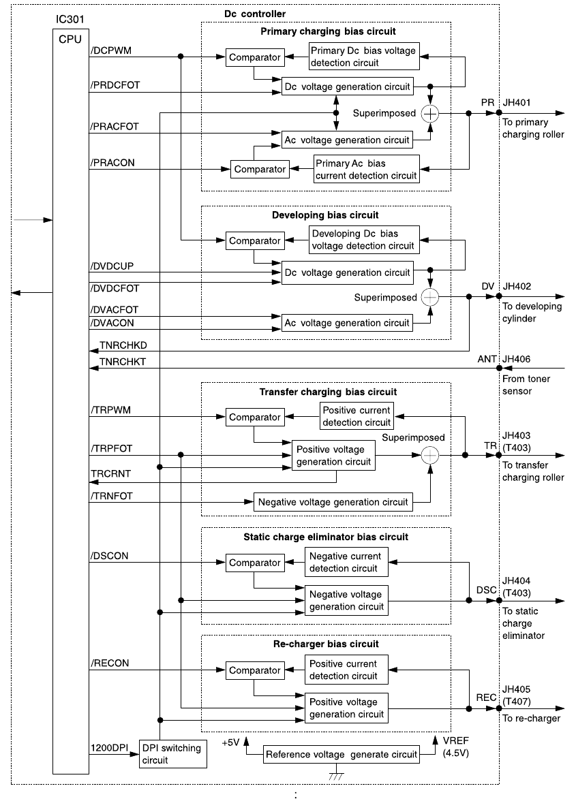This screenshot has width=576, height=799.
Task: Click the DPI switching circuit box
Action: pos(172,754)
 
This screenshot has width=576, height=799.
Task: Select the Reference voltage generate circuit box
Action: pos(341,754)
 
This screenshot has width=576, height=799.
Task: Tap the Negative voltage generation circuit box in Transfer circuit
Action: pos(333,503)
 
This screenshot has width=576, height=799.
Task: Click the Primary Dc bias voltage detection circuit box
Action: pos(363,57)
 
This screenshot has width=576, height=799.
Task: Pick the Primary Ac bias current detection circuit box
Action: pos(365,170)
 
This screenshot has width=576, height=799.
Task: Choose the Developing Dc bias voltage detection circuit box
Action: pos(363,240)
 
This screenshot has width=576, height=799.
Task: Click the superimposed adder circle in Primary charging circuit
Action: pos(430,113)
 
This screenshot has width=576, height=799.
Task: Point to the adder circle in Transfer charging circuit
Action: pos(430,455)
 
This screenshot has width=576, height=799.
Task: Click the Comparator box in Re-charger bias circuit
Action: pos(254,670)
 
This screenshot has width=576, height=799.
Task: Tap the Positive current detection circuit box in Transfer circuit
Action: pos(357,416)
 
